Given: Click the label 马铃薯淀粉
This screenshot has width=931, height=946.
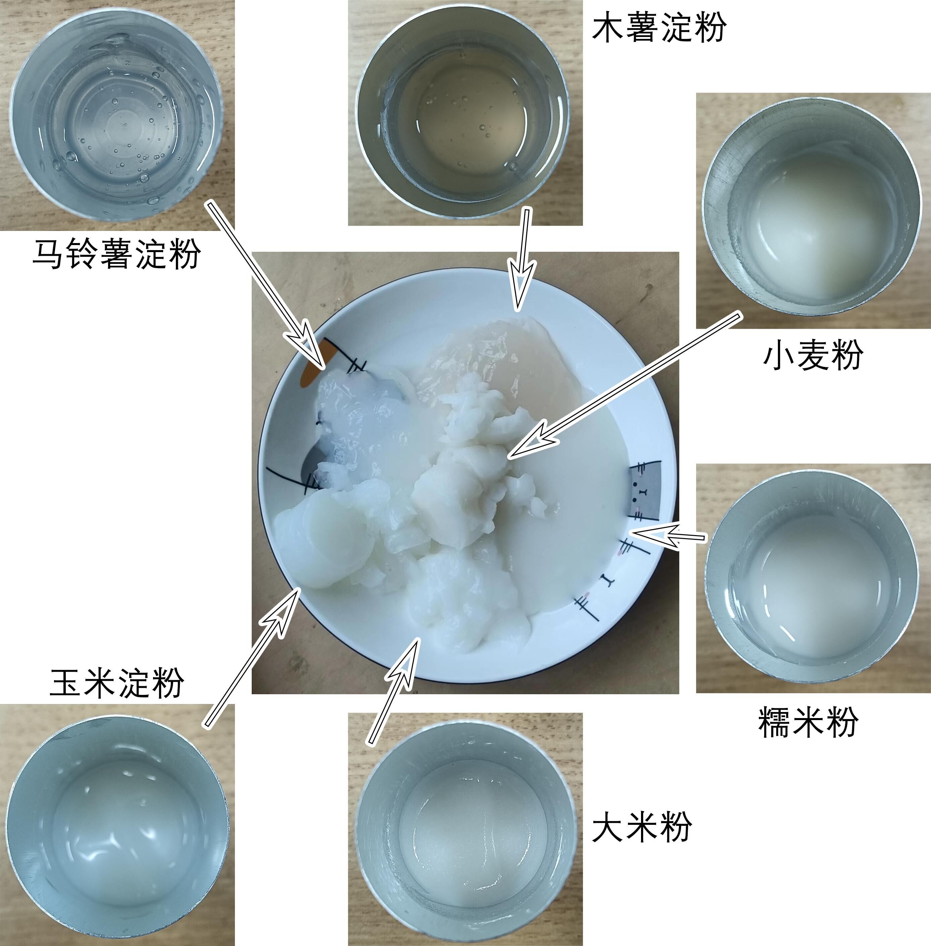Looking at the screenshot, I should click(116, 254).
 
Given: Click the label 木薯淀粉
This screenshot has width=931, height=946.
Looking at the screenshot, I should click(658, 28).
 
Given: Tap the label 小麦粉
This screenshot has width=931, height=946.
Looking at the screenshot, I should click(812, 355).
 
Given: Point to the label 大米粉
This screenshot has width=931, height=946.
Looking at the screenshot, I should click(641, 826).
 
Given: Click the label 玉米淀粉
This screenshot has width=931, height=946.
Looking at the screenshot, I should click(116, 682).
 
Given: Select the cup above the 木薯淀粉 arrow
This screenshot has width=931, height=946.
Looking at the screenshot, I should click(464, 112).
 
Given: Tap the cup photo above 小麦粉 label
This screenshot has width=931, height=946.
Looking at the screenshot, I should click(813, 210).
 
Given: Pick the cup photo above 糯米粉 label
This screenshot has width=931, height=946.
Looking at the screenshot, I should click(813, 577).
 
